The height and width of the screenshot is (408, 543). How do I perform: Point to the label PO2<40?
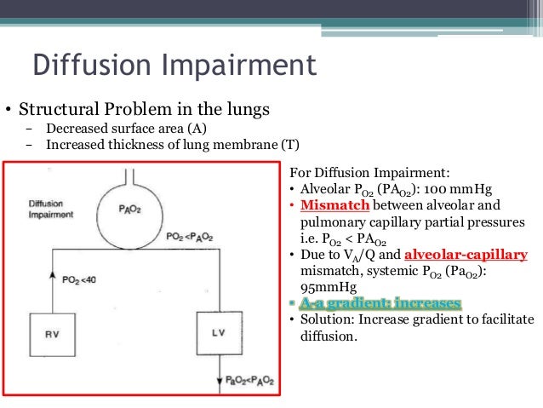81,280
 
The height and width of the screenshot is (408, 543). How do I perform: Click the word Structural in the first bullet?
57,111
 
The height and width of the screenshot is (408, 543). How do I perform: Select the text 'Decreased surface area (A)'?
127,129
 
